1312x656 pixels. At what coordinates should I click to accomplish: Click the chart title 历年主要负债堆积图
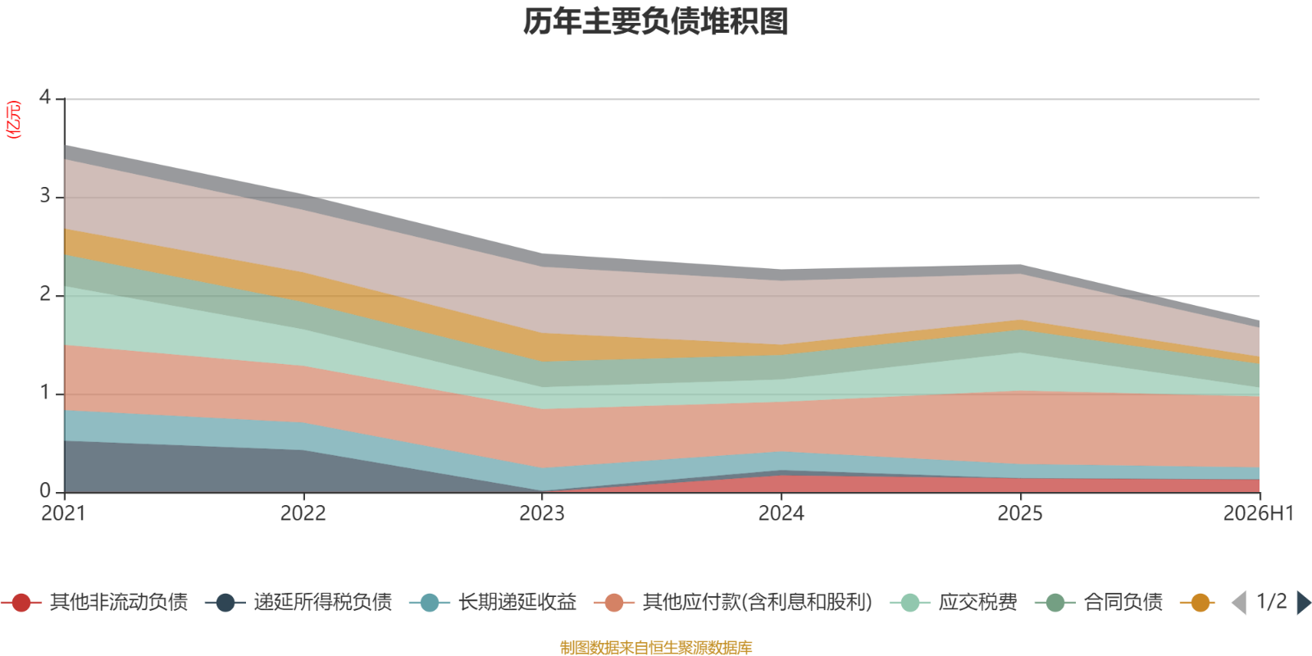tap(655, 21)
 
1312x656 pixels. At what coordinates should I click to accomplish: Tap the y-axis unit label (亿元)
tap(13, 120)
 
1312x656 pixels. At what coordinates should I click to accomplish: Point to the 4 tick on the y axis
tap(45, 98)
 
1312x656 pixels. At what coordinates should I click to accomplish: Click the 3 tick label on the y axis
tap(45, 196)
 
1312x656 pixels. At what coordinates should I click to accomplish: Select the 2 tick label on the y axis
tap(45, 294)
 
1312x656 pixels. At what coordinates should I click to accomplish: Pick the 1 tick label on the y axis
tap(45, 393)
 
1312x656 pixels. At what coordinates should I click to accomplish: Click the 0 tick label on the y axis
tap(45, 491)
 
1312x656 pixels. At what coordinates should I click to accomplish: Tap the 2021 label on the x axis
tap(64, 513)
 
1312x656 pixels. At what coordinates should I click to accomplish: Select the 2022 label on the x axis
tap(303, 513)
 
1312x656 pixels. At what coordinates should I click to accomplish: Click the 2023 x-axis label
tap(542, 513)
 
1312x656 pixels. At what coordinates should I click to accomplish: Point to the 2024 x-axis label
tap(781, 513)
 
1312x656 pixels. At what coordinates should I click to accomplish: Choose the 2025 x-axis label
tap(1020, 513)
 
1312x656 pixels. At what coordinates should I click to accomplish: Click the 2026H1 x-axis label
tap(1258, 513)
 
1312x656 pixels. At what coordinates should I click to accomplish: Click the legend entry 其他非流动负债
tap(95, 602)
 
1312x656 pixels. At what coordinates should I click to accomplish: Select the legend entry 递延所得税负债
tap(298, 602)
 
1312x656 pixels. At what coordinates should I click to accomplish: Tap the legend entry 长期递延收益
tap(493, 602)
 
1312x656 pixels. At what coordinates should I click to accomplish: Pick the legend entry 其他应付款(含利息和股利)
tap(733, 602)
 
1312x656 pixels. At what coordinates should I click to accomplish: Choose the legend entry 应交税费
tap(954, 602)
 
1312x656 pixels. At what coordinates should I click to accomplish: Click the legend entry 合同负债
tap(1099, 602)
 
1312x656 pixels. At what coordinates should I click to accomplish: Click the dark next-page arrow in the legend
tap(1304, 602)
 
